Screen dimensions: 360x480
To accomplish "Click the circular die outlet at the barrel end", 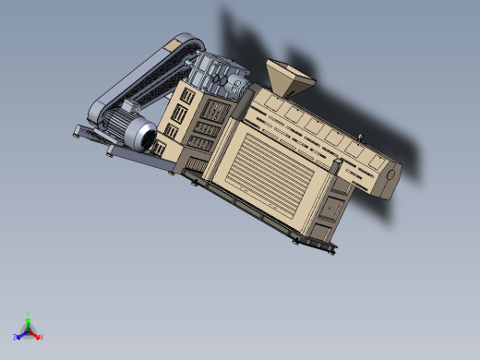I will pos(391,174).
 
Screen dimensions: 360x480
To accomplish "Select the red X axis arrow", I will pos(35,334).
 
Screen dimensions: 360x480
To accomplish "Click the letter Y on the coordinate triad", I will pos(29,313).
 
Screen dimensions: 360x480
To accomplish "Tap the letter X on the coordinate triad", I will pos(41,337).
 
